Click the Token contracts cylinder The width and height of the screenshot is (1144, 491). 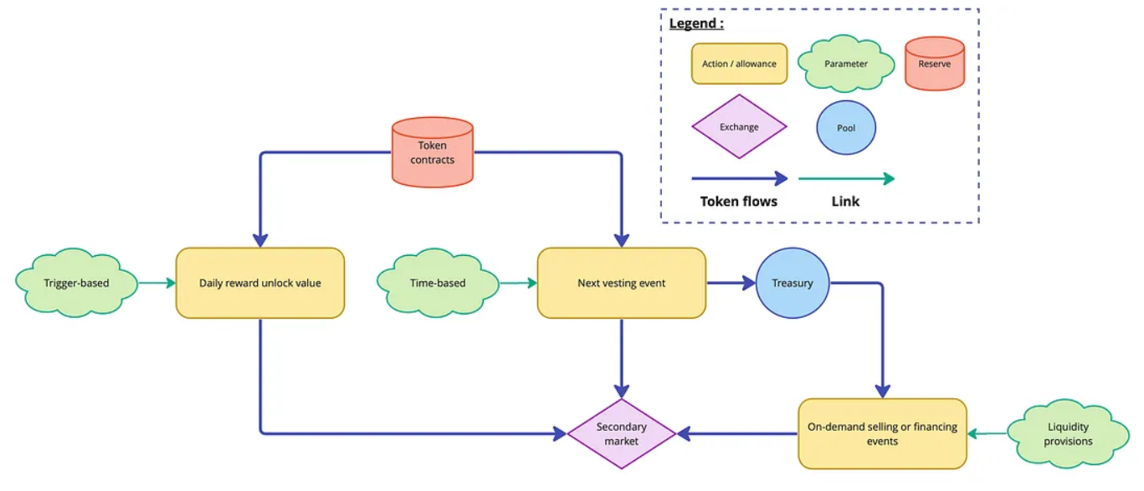(x=433, y=151)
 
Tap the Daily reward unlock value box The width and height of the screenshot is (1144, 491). (x=259, y=283)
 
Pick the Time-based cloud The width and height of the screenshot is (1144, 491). (x=438, y=283)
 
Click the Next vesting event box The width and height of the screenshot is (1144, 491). (x=621, y=283)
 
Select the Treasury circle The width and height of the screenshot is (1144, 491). (x=792, y=283)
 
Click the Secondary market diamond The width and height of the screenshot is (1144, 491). (x=621, y=433)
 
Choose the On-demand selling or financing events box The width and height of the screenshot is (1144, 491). (x=882, y=433)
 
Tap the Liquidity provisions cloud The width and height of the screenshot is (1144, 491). (x=1068, y=433)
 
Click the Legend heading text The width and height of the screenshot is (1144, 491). (x=696, y=23)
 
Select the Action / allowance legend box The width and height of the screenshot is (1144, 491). (x=739, y=64)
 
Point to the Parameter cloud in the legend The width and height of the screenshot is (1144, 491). (x=845, y=64)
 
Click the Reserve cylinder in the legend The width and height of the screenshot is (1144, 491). (x=934, y=64)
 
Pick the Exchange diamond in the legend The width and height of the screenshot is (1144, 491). (x=739, y=127)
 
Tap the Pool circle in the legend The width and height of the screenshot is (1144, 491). (x=846, y=128)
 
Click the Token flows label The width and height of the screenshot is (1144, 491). (x=738, y=201)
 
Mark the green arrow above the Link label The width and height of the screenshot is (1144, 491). (x=845, y=178)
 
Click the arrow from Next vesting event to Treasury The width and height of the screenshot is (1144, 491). (x=731, y=283)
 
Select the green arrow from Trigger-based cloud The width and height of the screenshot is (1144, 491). (x=156, y=283)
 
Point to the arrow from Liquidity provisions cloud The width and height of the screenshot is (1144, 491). (x=988, y=433)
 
